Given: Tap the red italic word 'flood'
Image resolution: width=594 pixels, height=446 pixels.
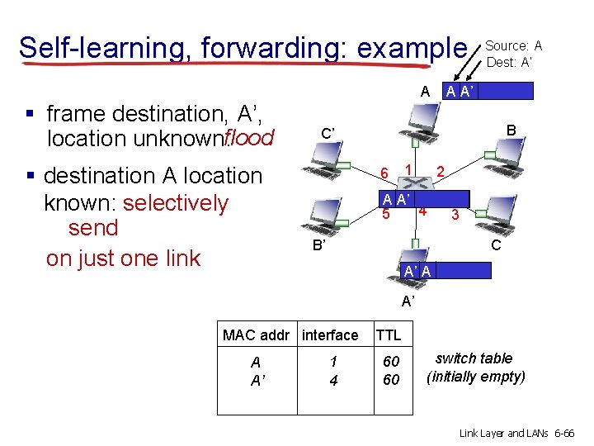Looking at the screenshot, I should click(x=247, y=137).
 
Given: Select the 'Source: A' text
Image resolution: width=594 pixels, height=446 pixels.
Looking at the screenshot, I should click(x=513, y=45).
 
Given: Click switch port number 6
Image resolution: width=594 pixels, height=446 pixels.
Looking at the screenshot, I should click(x=384, y=173).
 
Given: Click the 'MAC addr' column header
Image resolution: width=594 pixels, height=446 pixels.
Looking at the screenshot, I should click(x=256, y=335).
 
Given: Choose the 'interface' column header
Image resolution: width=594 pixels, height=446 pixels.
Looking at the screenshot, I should click(x=330, y=335).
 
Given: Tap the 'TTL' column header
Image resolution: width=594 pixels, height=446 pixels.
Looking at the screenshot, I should click(x=388, y=335).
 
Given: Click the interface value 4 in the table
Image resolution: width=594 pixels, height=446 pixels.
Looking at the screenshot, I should click(x=333, y=379).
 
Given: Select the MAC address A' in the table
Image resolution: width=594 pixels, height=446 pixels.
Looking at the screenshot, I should click(x=257, y=379).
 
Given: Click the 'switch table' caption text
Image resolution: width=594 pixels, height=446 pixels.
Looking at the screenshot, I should click(x=474, y=358).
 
